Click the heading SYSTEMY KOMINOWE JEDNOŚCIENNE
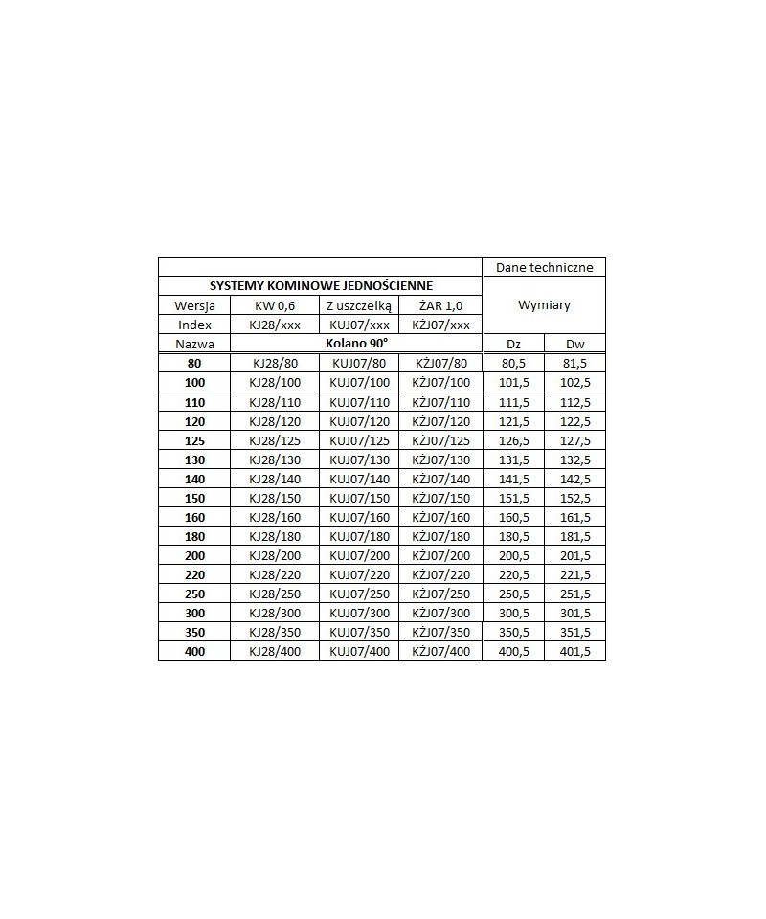[x=321, y=285]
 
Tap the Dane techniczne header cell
[x=544, y=267]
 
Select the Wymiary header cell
[x=544, y=305]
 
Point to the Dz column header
[x=514, y=344]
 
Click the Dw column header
[x=574, y=344]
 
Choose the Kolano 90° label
[x=355, y=342]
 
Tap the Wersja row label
[x=194, y=305]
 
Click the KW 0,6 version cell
[x=274, y=305]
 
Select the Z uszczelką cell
[x=359, y=305]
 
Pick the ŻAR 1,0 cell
[x=440, y=305]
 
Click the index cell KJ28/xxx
[x=274, y=325]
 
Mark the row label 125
[x=194, y=440]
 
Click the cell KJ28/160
[x=274, y=517]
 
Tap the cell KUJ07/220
[x=359, y=574]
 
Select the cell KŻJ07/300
[x=440, y=613]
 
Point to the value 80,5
[x=514, y=364]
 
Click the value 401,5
[x=574, y=651]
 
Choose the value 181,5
[x=574, y=536]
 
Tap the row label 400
[x=194, y=651]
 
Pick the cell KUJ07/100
[x=359, y=383]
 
